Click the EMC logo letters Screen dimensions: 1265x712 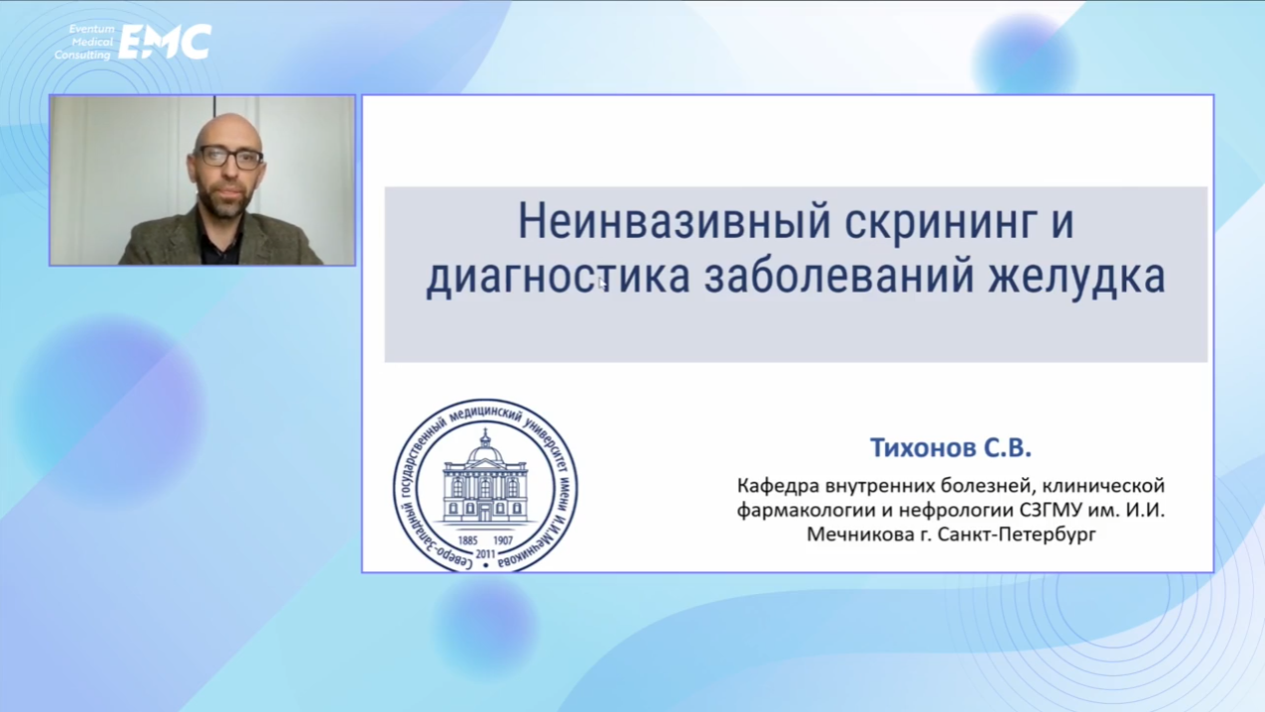coord(165,41)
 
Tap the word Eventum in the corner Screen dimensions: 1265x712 coord(92,29)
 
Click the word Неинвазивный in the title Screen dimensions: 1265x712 coord(673,222)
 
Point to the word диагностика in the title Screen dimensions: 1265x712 coord(558,278)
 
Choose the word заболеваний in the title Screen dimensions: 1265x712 coord(839,276)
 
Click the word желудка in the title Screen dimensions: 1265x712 coord(1076,277)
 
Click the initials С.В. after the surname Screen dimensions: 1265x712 coord(1008,447)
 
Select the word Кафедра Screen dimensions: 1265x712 coord(779,485)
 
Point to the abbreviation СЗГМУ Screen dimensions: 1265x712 coord(1051,510)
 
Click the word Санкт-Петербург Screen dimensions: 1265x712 coord(1017,534)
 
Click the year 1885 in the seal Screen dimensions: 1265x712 coord(468,541)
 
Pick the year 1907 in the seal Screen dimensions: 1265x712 coord(503,541)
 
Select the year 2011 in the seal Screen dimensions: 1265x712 coord(485,554)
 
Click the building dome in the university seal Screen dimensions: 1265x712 coord(485,451)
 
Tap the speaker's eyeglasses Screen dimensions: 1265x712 coord(230,157)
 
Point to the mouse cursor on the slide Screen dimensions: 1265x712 coord(602,283)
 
